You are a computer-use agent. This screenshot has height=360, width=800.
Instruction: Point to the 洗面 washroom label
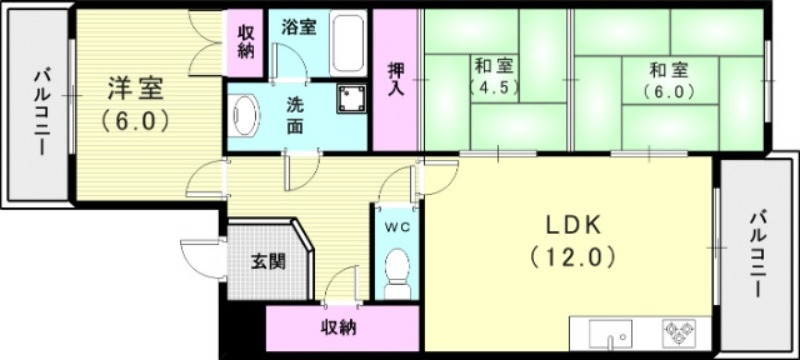(298, 114)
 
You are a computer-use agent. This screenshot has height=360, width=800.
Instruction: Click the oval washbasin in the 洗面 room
(244, 117)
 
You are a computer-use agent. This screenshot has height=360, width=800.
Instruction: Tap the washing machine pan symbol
(351, 98)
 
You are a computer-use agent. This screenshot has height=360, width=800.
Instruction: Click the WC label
(397, 225)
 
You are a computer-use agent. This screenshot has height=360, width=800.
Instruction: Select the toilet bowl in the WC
(398, 272)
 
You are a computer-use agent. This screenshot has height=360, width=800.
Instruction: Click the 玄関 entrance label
(268, 263)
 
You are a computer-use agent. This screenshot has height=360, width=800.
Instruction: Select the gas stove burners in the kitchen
(683, 332)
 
